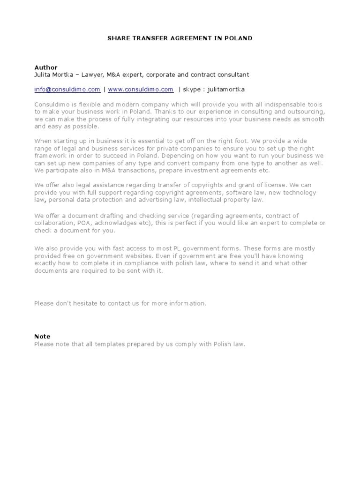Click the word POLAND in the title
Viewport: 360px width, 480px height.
coord(240,38)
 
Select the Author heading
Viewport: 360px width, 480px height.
coord(45,67)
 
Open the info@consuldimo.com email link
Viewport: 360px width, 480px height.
coord(67,89)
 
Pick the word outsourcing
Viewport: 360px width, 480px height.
coord(308,112)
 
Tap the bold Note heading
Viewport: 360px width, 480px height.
coord(42,337)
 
